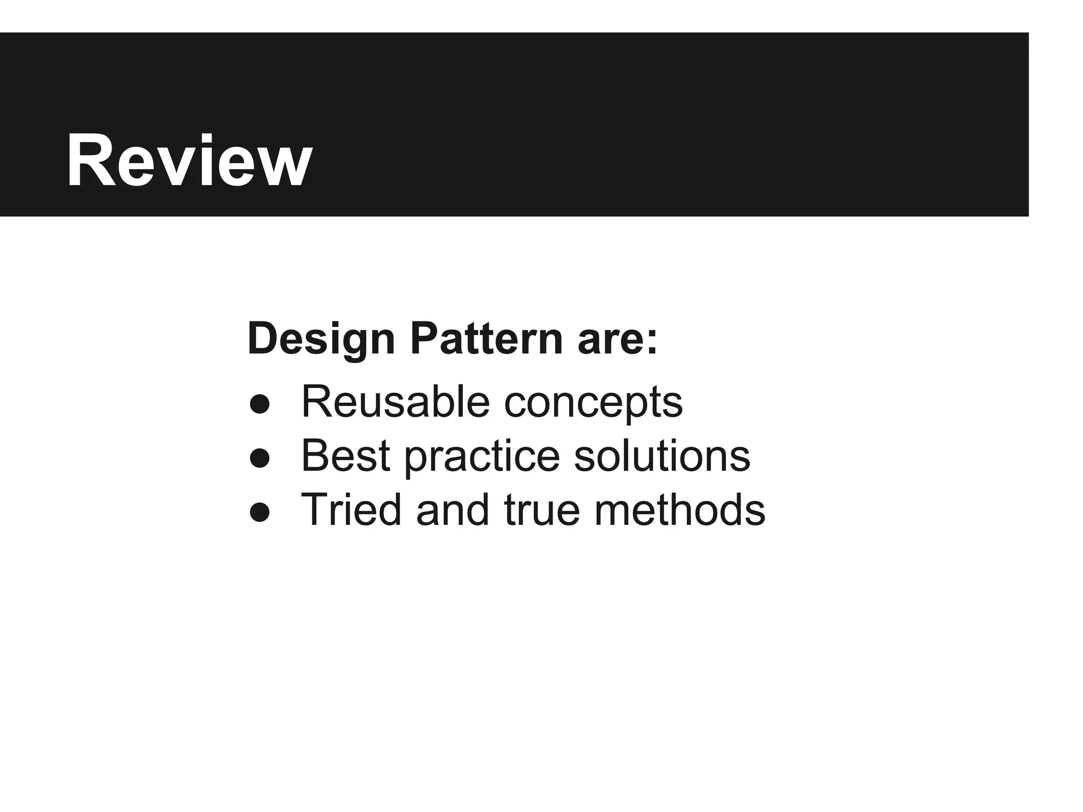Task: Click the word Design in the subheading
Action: coord(321,339)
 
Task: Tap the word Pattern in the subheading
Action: coord(487,339)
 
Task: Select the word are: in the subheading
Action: coord(618,339)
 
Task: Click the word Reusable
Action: coord(396,402)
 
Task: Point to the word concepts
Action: coord(593,403)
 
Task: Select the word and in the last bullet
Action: coord(453,510)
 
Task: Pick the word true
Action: coord(542,510)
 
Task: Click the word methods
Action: coord(680,510)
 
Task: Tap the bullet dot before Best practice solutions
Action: coord(260,458)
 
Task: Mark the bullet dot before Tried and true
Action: coord(260,512)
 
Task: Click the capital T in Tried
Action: coord(316,510)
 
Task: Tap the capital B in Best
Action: coord(316,455)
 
